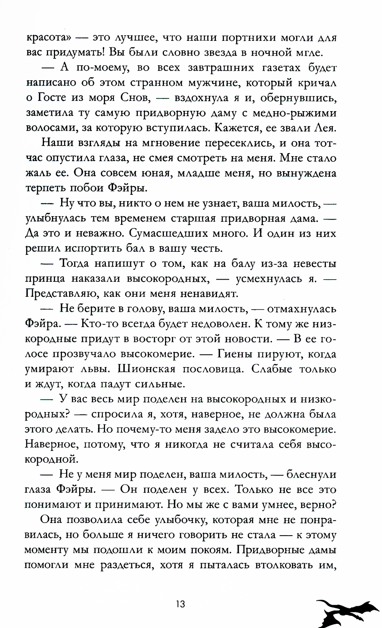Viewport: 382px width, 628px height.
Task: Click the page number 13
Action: [x=180, y=604]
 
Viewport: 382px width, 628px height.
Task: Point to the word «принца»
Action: [x=45, y=278]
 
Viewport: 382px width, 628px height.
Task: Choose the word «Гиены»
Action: [x=234, y=354]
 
